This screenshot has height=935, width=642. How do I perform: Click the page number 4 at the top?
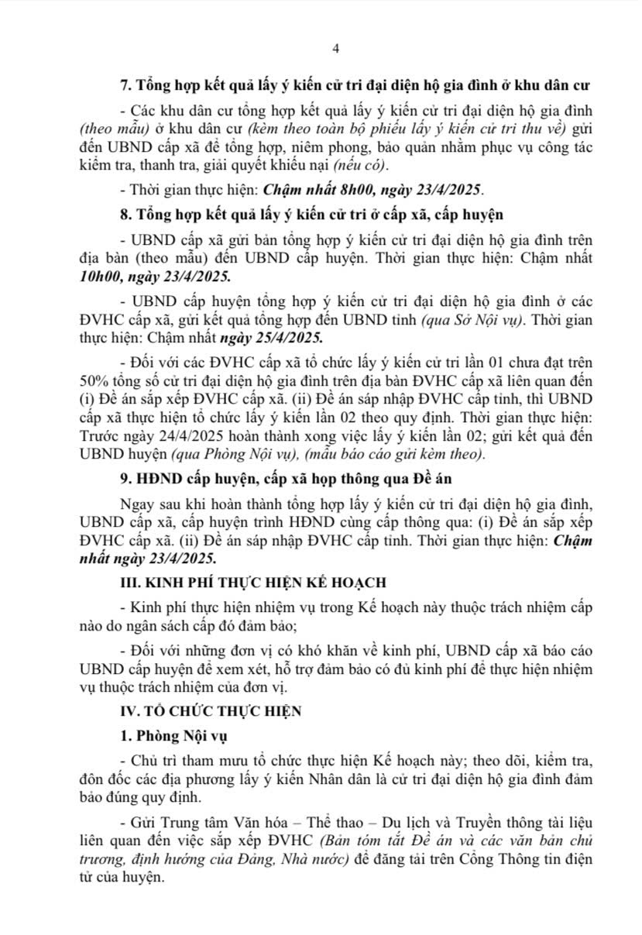click(x=335, y=48)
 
